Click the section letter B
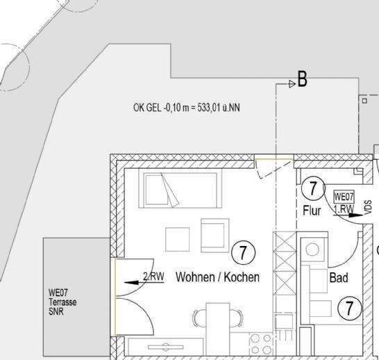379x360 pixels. click(302, 80)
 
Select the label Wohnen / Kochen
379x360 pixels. click(217, 277)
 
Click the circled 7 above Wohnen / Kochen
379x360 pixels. click(242, 252)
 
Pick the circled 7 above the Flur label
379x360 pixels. click(313, 188)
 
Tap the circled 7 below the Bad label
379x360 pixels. click(351, 308)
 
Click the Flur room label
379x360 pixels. click(312, 211)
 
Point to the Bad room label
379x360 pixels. click(338, 278)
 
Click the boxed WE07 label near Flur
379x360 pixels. click(344, 197)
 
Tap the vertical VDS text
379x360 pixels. click(368, 208)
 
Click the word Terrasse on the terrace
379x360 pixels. click(62, 303)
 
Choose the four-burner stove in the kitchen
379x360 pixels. click(260, 343)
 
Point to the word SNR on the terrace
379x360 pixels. click(57, 312)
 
